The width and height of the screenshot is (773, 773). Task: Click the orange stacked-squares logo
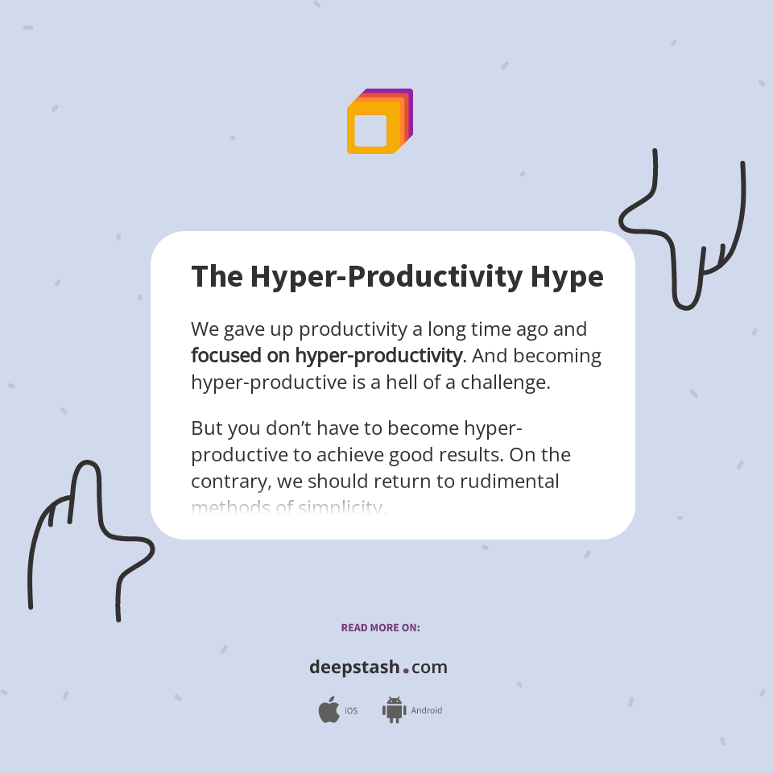(379, 122)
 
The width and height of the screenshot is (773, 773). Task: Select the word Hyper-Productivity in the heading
(386, 276)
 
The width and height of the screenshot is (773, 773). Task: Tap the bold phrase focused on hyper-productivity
(326, 355)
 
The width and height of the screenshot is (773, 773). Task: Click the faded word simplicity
(341, 507)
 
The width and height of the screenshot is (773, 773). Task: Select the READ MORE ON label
(380, 627)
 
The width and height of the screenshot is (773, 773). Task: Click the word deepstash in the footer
(354, 667)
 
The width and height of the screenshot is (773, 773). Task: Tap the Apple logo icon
(329, 710)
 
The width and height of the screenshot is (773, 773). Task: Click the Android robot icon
(394, 710)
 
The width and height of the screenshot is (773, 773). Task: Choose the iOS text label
(351, 711)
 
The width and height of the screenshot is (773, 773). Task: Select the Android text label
(426, 711)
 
